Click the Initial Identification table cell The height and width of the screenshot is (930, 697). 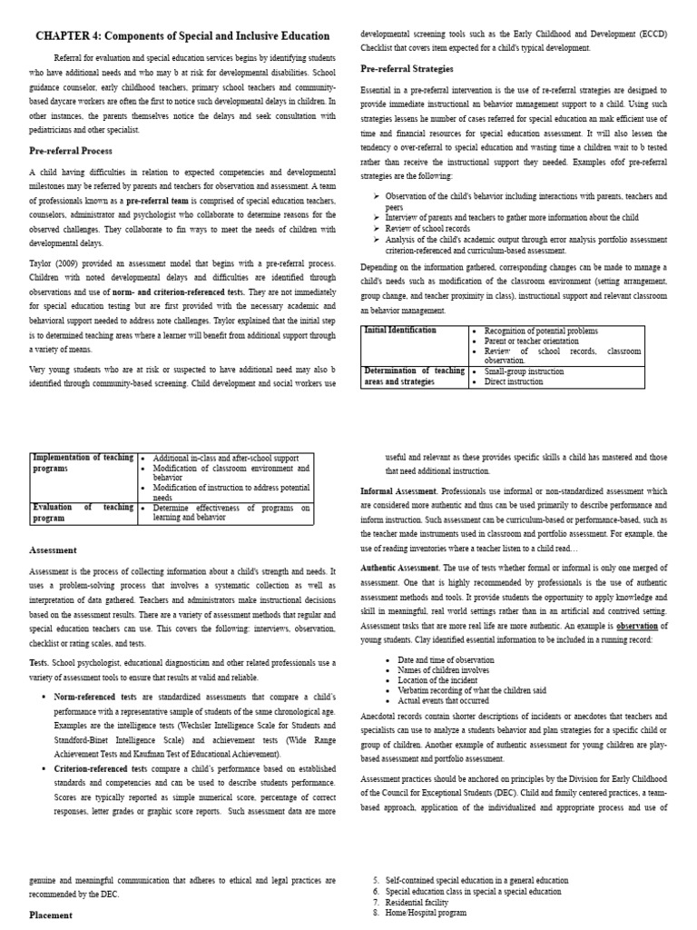[x=400, y=331]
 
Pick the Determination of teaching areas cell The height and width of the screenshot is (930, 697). [x=413, y=377]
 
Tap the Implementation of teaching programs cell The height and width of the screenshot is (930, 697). [x=82, y=463]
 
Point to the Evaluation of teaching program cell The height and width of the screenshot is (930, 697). [x=82, y=513]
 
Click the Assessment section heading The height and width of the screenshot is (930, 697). [x=53, y=549]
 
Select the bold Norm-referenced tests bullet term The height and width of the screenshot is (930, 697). [x=94, y=697]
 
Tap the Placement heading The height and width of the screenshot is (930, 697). [x=51, y=915]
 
